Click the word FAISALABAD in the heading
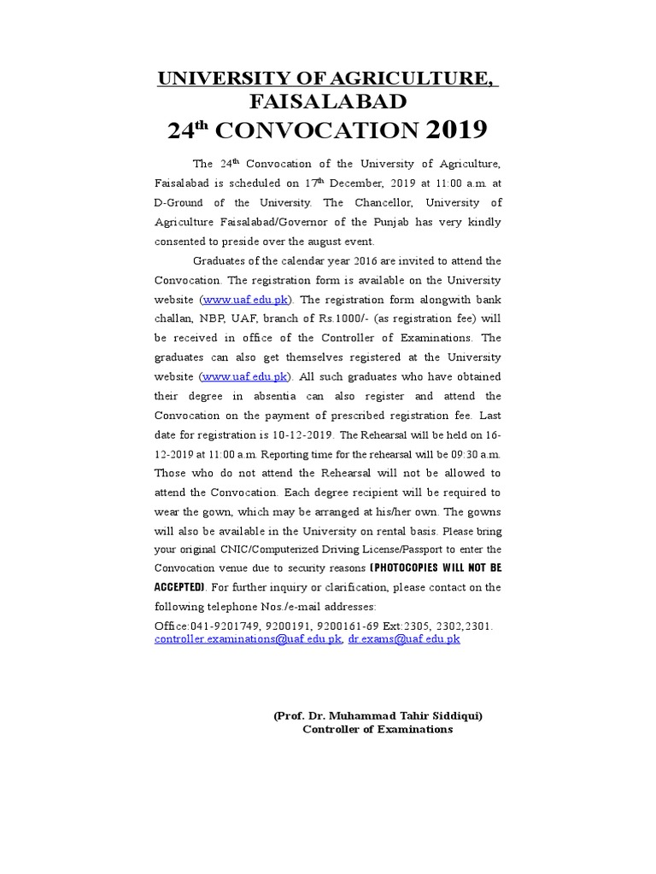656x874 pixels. pos(327,102)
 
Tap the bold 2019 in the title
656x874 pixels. pos(455,130)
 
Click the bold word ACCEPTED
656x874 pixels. pos(179,588)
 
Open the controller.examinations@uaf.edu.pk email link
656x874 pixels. pos(249,638)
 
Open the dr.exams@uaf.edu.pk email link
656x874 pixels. pos(404,638)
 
